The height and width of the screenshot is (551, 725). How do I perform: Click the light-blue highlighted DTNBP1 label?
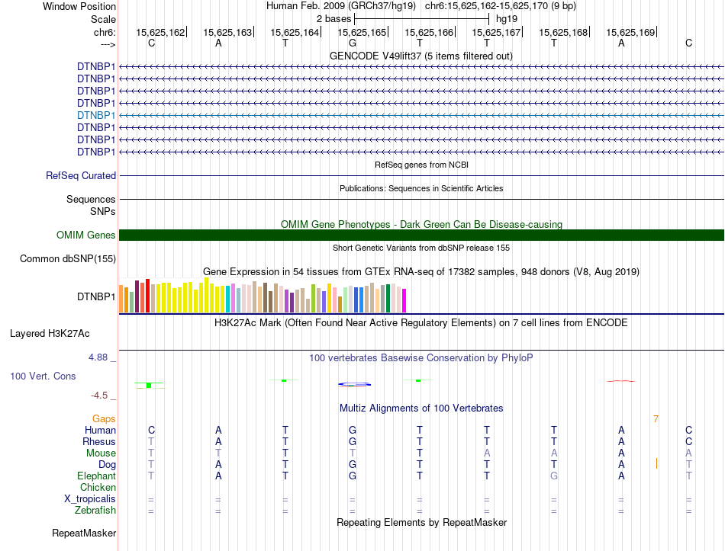pyautogui.click(x=96, y=116)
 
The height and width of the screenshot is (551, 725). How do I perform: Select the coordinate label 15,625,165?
pyautogui.click(x=362, y=32)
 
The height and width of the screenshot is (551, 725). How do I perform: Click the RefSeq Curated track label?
pyautogui.click(x=81, y=175)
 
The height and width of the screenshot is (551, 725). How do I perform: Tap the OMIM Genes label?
pyautogui.click(x=86, y=235)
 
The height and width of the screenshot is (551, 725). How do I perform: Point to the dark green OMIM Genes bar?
pyautogui.click(x=421, y=235)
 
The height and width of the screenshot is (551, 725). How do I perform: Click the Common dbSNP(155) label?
pyautogui.click(x=68, y=258)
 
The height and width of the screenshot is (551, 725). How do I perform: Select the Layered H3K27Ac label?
pyautogui.click(x=50, y=334)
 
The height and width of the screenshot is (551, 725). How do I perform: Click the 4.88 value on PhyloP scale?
pyautogui.click(x=98, y=357)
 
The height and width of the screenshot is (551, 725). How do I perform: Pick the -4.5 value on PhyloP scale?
pyautogui.click(x=99, y=396)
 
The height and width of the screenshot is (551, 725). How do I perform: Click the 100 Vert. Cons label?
pyautogui.click(x=43, y=376)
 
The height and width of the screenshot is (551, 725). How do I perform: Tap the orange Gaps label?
pyautogui.click(x=104, y=418)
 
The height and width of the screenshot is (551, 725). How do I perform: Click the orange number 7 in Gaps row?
pyautogui.click(x=656, y=419)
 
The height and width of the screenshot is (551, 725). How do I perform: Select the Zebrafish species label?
pyautogui.click(x=95, y=511)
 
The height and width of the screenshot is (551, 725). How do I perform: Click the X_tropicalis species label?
pyautogui.click(x=90, y=499)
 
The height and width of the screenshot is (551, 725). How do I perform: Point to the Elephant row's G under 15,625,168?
pyautogui.click(x=554, y=476)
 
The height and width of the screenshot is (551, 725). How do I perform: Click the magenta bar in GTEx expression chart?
pyautogui.click(x=404, y=301)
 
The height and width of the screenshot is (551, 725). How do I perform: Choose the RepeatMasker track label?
pyautogui.click(x=84, y=533)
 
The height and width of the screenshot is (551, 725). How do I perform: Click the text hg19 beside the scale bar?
pyautogui.click(x=507, y=19)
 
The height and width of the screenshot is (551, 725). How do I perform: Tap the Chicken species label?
pyautogui.click(x=98, y=487)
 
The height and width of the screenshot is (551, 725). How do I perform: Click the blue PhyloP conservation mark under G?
pyautogui.click(x=354, y=384)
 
